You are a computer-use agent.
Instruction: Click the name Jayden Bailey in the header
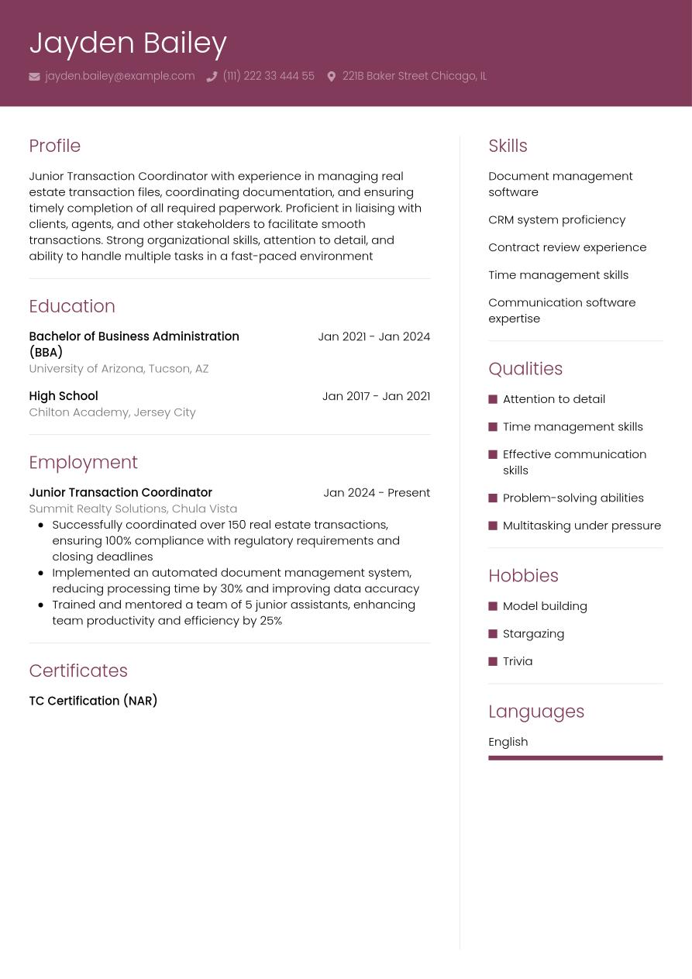[x=128, y=43]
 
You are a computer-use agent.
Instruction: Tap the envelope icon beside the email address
[x=34, y=76]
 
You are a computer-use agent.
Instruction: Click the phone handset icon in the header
[x=212, y=76]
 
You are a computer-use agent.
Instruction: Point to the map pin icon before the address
[x=331, y=76]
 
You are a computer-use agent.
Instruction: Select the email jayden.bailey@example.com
[x=119, y=76]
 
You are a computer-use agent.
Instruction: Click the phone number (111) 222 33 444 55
[x=268, y=76]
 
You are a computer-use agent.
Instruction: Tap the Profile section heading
[x=54, y=146]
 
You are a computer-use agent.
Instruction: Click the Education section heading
[x=71, y=306]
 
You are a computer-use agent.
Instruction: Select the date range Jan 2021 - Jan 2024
[x=374, y=336]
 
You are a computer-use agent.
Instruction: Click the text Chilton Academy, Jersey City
[x=112, y=412]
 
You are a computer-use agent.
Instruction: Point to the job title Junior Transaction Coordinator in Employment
[x=120, y=492]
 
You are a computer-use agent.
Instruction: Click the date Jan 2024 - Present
[x=376, y=492]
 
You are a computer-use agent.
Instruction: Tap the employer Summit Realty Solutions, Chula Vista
[x=133, y=508]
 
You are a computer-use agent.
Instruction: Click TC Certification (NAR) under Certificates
[x=93, y=701]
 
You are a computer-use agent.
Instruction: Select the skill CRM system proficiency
[x=556, y=219]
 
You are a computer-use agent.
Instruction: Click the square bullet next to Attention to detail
[x=493, y=399]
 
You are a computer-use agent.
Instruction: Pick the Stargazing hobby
[x=533, y=633]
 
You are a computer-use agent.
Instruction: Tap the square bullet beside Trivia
[x=493, y=661]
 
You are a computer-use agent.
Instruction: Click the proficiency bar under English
[x=575, y=758]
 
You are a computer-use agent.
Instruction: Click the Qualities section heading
[x=525, y=369]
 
